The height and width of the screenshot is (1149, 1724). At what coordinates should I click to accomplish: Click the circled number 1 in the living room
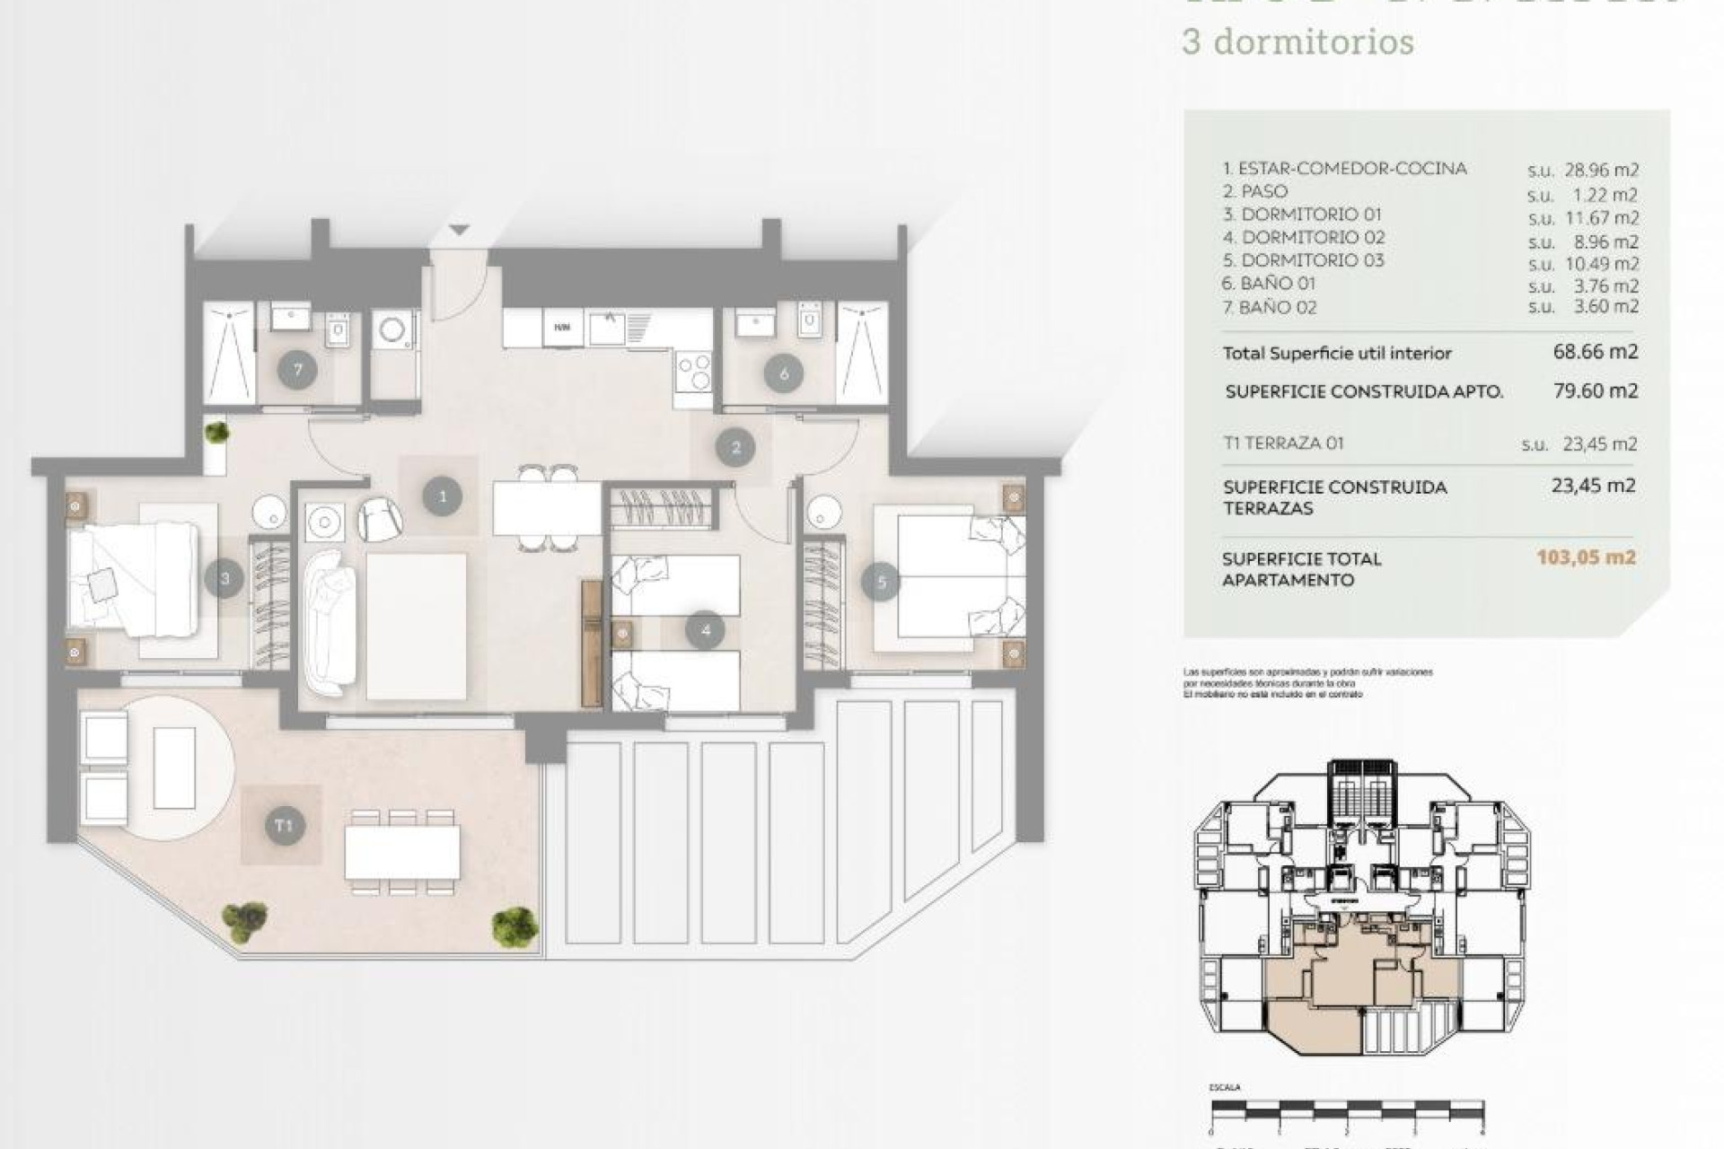[442, 496]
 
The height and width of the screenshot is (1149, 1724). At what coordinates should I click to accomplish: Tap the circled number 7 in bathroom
[297, 370]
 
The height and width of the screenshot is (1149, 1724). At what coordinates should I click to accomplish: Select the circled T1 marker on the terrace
[284, 825]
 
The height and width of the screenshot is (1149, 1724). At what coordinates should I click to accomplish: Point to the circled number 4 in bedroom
[705, 630]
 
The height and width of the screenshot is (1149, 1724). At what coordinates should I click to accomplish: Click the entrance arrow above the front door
[459, 231]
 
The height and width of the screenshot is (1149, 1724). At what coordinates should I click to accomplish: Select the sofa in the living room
[330, 622]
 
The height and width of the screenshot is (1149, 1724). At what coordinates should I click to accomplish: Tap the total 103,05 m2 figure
[1586, 557]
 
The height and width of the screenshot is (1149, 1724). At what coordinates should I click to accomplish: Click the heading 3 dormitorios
[1297, 42]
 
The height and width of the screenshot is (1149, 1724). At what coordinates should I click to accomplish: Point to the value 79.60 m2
[1595, 390]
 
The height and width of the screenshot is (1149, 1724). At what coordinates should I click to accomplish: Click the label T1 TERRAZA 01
[1283, 443]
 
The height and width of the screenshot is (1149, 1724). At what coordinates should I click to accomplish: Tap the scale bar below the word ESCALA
[1347, 1110]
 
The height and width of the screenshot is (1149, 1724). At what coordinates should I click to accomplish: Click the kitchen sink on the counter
[611, 328]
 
